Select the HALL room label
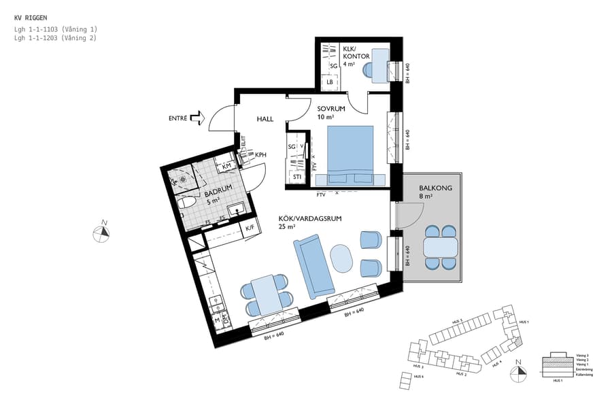(x=265, y=119)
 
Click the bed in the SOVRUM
(x=351, y=154)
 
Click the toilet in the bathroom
(x=185, y=203)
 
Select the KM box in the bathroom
(x=226, y=165)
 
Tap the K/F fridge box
(x=250, y=228)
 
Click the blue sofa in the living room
(x=314, y=265)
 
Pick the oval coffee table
(x=342, y=259)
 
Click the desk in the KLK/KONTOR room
(x=377, y=71)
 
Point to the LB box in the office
(x=330, y=82)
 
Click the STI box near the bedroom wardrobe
(x=297, y=177)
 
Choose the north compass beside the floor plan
(x=102, y=232)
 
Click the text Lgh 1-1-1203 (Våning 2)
(x=55, y=39)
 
